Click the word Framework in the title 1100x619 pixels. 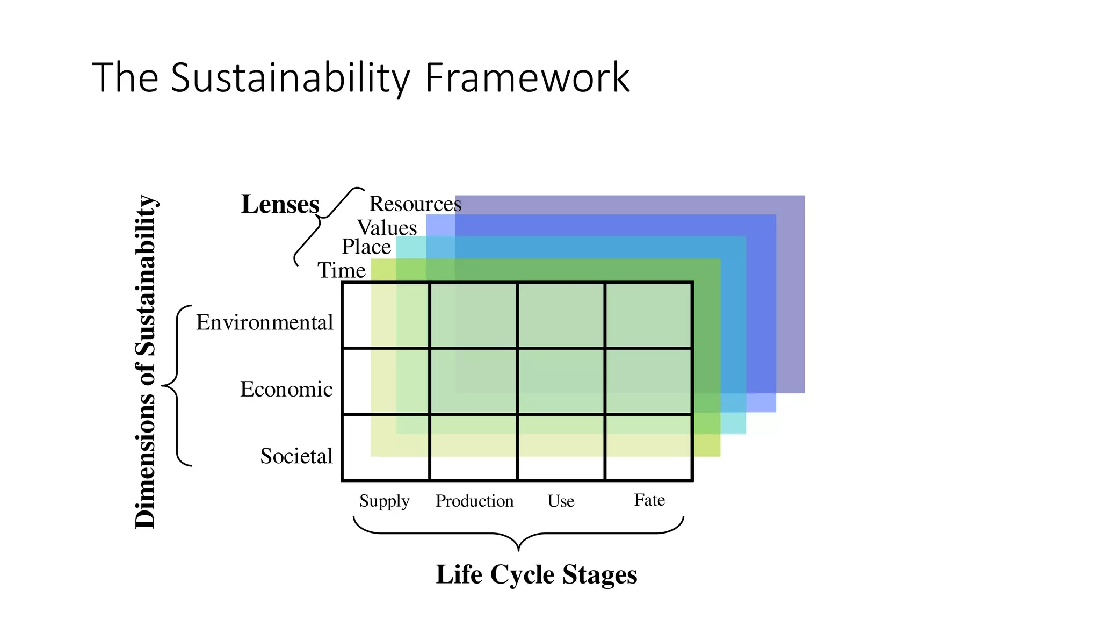pyautogui.click(x=527, y=78)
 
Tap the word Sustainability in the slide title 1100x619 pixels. pyautogui.click(x=290, y=78)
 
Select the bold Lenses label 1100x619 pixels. pyautogui.click(x=280, y=204)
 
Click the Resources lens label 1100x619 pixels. pyautogui.click(x=415, y=204)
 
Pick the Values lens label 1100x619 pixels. pyautogui.click(x=387, y=228)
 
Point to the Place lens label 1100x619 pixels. pyautogui.click(x=366, y=247)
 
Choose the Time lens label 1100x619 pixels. pyautogui.click(x=342, y=270)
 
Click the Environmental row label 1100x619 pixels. pyautogui.click(x=264, y=322)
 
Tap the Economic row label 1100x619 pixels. pyautogui.click(x=286, y=389)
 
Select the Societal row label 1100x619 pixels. pyautogui.click(x=296, y=456)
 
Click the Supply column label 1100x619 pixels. pyautogui.click(x=384, y=501)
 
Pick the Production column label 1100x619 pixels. pyautogui.click(x=474, y=501)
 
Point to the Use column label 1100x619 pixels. pyautogui.click(x=561, y=501)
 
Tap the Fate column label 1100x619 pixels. pyautogui.click(x=649, y=500)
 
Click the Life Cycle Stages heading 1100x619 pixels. pyautogui.click(x=536, y=574)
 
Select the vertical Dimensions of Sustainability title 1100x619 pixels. pyautogui.click(x=145, y=361)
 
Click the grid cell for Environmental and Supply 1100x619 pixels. pyautogui.click(x=386, y=315)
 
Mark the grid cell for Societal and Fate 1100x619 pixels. pyautogui.click(x=648, y=447)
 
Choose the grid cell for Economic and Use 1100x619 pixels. pyautogui.click(x=561, y=382)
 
